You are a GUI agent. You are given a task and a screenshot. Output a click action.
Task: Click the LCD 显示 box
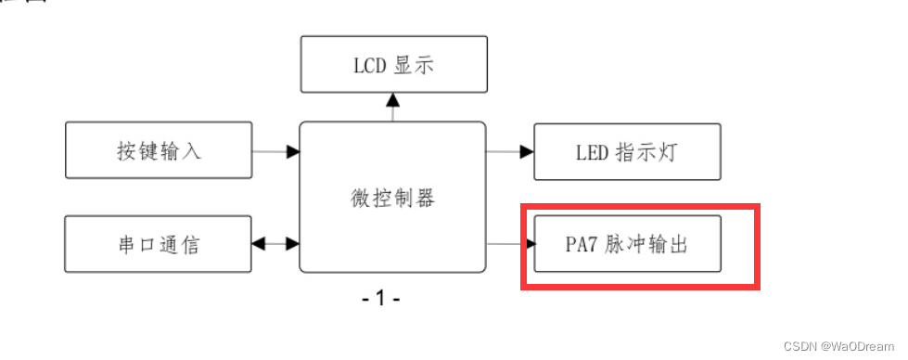coord(394,64)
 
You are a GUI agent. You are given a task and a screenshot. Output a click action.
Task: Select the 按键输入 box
coord(158,150)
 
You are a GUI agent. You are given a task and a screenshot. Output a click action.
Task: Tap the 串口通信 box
coord(158,244)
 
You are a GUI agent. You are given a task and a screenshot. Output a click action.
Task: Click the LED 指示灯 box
coord(627,151)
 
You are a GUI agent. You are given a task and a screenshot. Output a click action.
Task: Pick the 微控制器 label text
coord(392,198)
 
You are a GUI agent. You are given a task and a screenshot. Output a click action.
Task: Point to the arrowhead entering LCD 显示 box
coord(392,98)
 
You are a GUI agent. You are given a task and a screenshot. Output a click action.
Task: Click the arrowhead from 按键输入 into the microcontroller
coord(293,150)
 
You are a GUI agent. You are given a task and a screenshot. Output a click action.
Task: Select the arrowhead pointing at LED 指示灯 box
coord(527,150)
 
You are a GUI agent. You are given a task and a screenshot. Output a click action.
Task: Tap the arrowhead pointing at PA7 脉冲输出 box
coord(531,244)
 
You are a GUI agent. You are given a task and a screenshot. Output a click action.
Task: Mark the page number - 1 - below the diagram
coord(380,299)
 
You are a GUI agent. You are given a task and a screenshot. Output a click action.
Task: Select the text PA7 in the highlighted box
coord(582,245)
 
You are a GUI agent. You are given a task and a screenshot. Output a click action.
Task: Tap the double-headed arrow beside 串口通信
coord(275,244)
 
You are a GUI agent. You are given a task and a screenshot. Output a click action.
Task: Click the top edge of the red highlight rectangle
coord(640,205)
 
